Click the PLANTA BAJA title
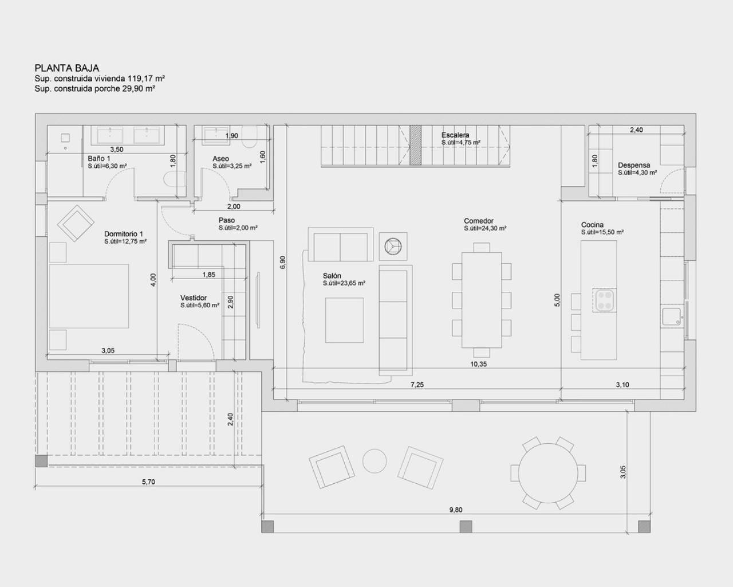click(x=67, y=68)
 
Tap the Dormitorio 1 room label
click(x=123, y=234)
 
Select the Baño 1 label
click(x=98, y=158)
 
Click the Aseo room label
click(x=220, y=159)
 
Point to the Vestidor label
click(x=193, y=298)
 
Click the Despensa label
click(x=634, y=165)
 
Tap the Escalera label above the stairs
click(x=455, y=135)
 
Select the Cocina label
click(x=592, y=225)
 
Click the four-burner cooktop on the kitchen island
click(x=605, y=300)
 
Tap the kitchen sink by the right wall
click(x=671, y=316)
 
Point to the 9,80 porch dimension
click(x=456, y=510)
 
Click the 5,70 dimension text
click(x=148, y=482)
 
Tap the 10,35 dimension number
click(x=478, y=364)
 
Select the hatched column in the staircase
click(x=416, y=146)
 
